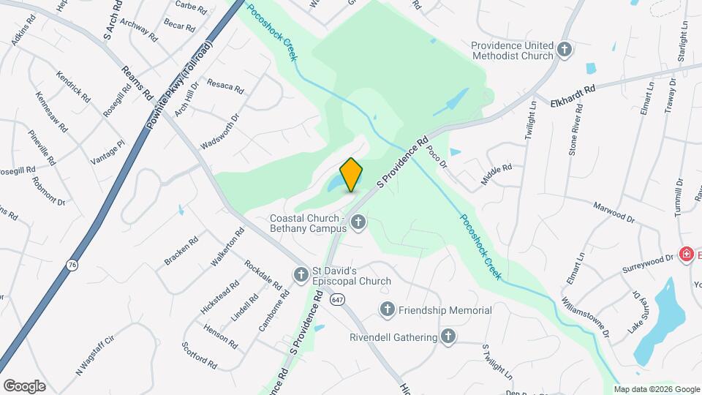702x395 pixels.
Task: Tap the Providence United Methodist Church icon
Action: pyautogui.click(x=564, y=49)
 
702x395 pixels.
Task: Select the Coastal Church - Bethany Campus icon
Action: pyautogui.click(x=358, y=222)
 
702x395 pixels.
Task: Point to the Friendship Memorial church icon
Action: pyautogui.click(x=387, y=310)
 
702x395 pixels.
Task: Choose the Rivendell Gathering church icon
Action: pyautogui.click(x=448, y=336)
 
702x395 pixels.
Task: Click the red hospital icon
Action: pyautogui.click(x=686, y=255)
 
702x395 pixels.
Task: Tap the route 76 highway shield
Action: pyautogui.click(x=72, y=266)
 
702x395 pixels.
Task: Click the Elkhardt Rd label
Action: pyautogui.click(x=573, y=93)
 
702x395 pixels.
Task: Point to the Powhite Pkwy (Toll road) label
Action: pyautogui.click(x=178, y=86)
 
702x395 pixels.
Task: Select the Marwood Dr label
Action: pyautogui.click(x=614, y=211)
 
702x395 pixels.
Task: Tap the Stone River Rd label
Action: pyautogui.click(x=576, y=129)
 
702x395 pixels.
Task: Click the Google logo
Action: pyautogui.click(x=24, y=385)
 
